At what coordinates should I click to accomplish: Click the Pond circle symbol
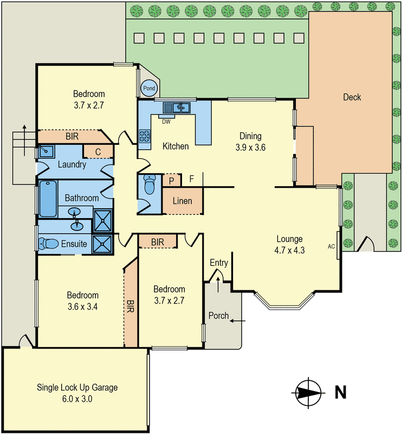point(149,88)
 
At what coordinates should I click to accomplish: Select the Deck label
point(352,97)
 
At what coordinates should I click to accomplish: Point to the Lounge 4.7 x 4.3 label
point(289,244)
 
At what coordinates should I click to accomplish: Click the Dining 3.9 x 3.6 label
point(249,141)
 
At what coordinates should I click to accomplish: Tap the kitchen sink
point(177,107)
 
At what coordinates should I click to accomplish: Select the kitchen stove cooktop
point(145,136)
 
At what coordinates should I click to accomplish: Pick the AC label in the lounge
point(331,246)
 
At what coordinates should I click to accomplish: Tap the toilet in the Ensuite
point(48,244)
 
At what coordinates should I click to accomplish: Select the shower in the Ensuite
point(102,244)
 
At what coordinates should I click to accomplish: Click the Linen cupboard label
point(182,201)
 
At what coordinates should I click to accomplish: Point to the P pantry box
point(171,181)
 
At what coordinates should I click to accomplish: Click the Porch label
point(219,316)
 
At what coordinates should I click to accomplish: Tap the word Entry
point(219,263)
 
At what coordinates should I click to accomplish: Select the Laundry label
point(72,164)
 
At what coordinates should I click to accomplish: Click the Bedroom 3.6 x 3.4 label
point(82,300)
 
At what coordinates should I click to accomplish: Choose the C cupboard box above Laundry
point(98,151)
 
